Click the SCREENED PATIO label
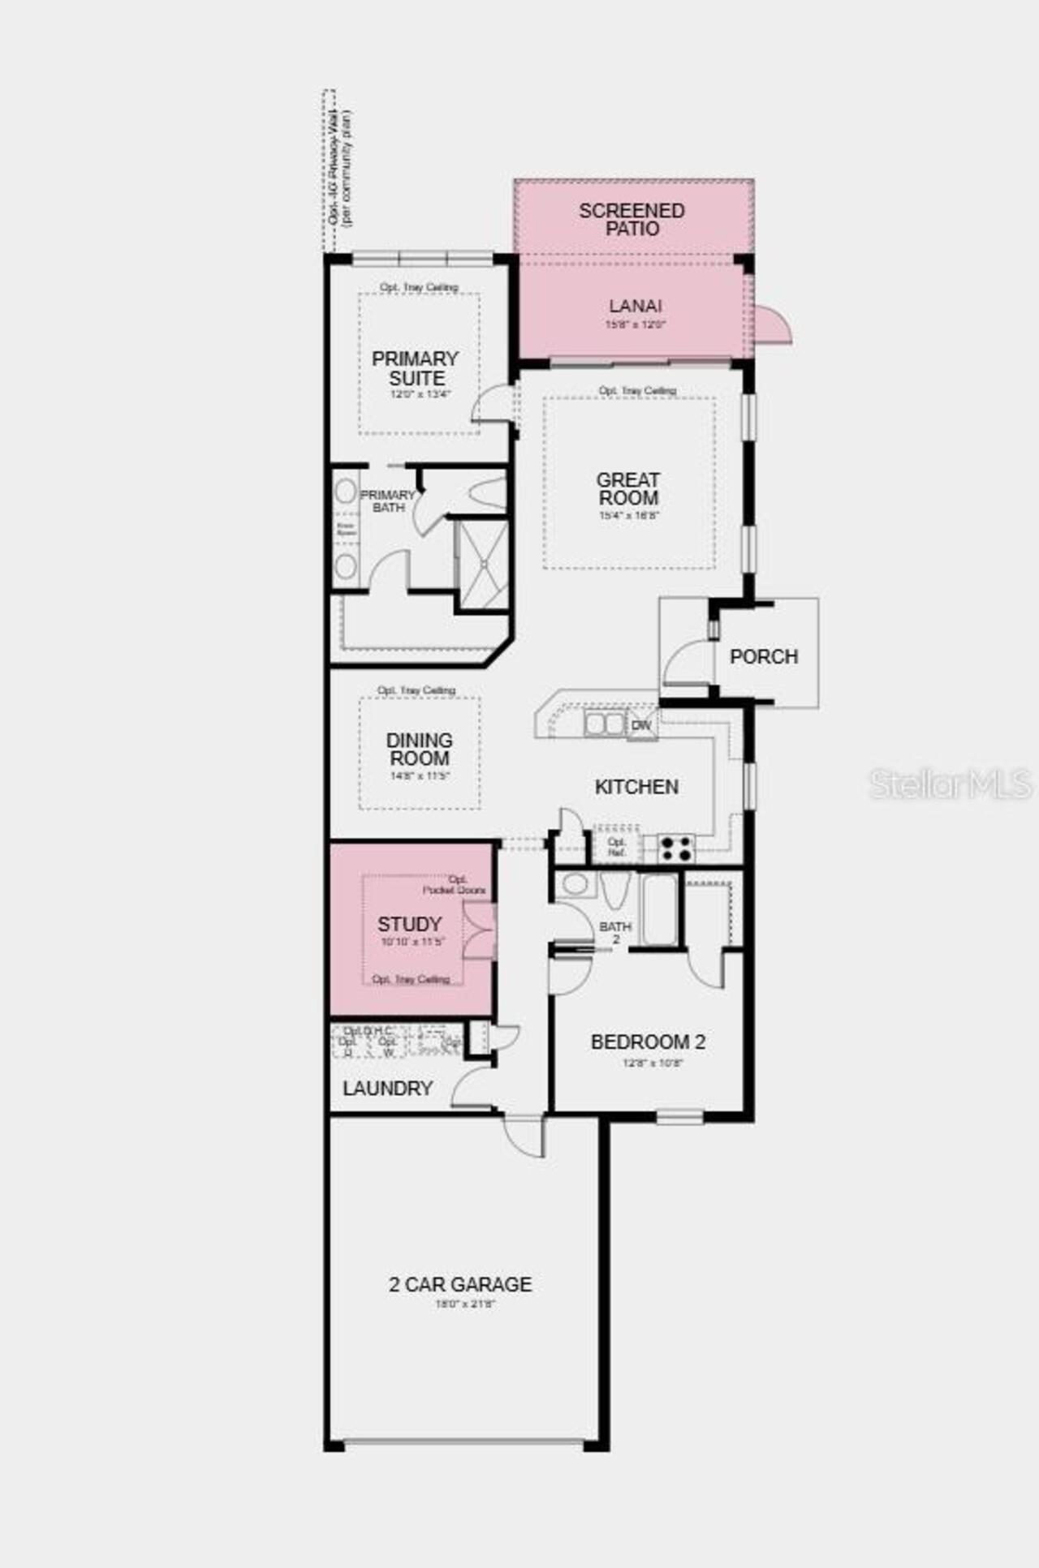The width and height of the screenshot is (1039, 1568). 632,220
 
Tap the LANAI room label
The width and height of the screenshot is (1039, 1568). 635,306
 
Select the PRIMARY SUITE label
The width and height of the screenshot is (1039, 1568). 416,368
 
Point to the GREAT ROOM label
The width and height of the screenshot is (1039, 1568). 628,489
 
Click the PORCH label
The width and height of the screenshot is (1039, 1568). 763,656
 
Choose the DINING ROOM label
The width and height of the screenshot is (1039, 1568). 419,750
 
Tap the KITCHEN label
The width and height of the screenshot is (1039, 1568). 636,787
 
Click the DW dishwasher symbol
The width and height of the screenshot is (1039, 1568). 641,725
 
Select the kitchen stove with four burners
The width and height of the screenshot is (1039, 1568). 675,848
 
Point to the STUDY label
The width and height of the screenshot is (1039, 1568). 409,924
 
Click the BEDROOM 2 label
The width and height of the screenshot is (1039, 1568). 648,1042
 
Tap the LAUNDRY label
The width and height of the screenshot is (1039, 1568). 387,1089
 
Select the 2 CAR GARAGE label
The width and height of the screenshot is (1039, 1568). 460,1284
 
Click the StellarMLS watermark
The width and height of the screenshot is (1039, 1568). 951,784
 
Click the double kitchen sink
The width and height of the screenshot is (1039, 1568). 605,724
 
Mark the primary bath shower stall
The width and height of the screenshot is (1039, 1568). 482,564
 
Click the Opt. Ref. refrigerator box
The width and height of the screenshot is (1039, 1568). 617,848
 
